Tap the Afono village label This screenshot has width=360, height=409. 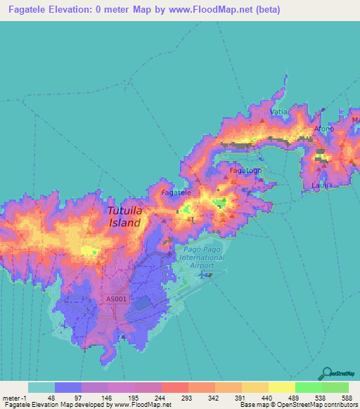tap(324, 129)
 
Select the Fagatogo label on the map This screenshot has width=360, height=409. tap(246, 170)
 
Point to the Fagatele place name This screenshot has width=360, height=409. tap(176, 192)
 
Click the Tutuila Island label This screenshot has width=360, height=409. tap(124, 216)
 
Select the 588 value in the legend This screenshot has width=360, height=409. tap(347, 397)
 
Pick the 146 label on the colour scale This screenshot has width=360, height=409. tap(108, 397)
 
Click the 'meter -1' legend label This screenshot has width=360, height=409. tap(14, 397)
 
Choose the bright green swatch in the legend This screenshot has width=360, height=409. tap(308, 387)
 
